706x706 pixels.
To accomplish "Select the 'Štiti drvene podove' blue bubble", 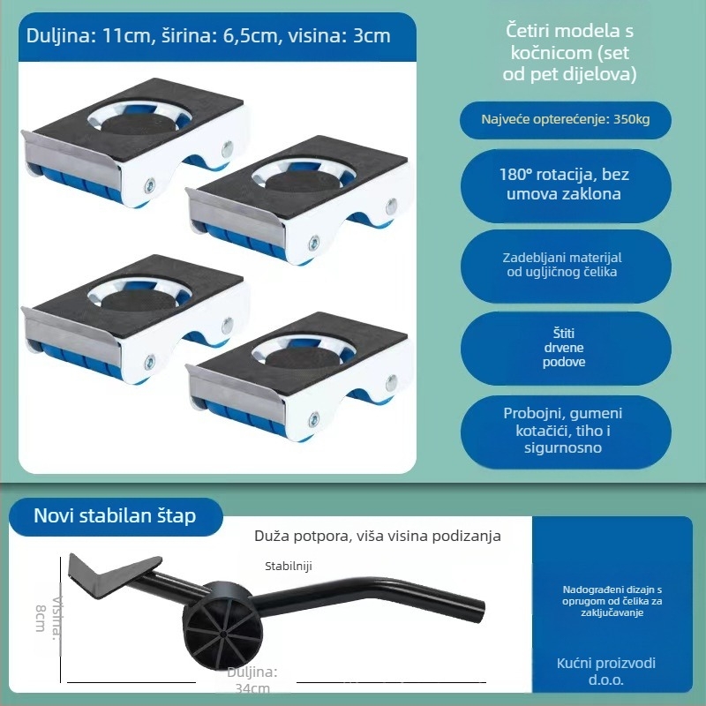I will tap(563, 348).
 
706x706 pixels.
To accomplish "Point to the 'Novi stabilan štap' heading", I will tap(115, 515).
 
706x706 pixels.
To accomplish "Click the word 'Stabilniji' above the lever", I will tap(289, 566).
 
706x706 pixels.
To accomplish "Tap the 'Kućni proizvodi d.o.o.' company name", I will tap(606, 672).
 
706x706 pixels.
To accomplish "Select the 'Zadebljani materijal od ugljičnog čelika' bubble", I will tap(563, 265).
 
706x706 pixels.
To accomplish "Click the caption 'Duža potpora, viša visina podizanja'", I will tap(378, 536).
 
